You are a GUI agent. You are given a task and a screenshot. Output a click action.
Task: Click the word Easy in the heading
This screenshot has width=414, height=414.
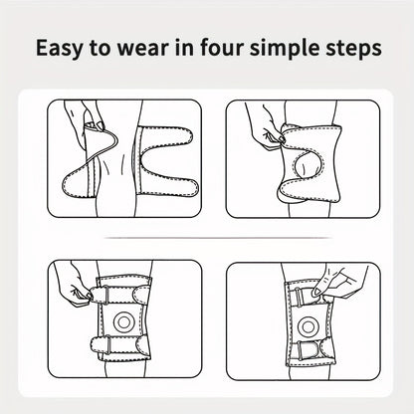[59, 49]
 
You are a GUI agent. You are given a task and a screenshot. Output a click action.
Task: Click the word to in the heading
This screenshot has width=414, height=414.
[100, 49]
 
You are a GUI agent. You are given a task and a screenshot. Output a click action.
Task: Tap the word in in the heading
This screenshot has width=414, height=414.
[183, 48]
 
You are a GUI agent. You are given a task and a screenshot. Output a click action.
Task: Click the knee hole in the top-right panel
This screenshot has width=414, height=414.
[308, 166]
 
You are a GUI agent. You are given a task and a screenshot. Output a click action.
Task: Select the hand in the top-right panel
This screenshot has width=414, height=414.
[266, 127]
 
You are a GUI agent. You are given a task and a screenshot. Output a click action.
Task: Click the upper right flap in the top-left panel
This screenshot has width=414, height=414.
[166, 136]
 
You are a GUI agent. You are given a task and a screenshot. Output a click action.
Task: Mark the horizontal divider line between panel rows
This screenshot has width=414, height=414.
[218, 238]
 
